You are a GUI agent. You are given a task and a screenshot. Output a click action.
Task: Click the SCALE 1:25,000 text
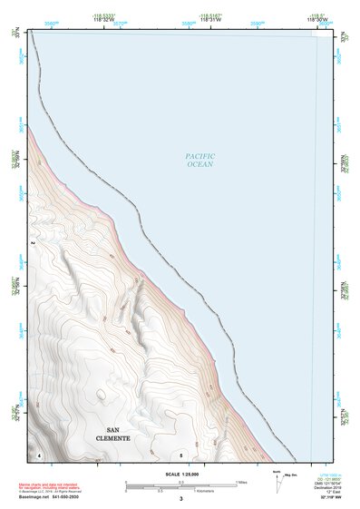(180, 474)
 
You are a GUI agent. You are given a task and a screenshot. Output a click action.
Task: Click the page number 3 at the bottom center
(180, 499)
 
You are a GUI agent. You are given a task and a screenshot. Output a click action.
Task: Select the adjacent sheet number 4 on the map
(40, 453)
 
